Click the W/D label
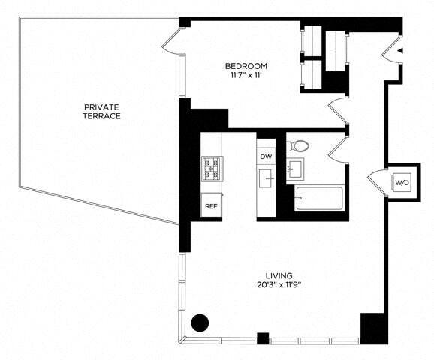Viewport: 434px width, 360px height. pos(402,182)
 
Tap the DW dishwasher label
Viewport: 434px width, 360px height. pos(265,157)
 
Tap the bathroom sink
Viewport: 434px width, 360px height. pos(297,168)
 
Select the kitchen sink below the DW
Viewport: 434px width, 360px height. pos(266,179)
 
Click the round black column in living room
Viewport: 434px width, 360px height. pos(200,323)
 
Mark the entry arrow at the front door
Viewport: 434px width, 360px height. pos(399,51)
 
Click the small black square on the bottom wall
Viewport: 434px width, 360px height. pos(262,337)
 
